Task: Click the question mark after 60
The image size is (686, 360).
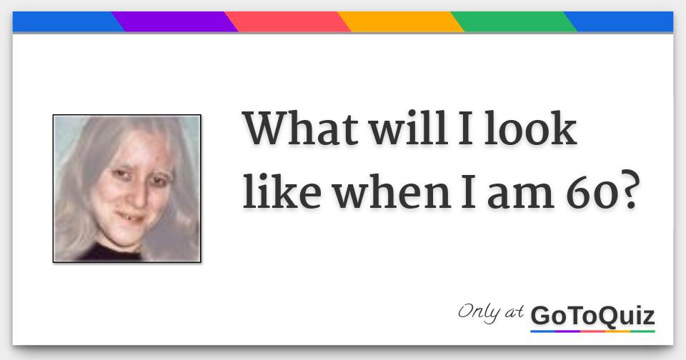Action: tap(625, 191)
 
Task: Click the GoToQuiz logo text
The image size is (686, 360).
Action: tap(592, 315)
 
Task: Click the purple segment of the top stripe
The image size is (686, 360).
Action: tap(175, 22)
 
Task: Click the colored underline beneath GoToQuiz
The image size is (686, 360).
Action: tap(592, 331)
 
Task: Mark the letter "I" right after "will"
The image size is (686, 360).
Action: tap(450, 129)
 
